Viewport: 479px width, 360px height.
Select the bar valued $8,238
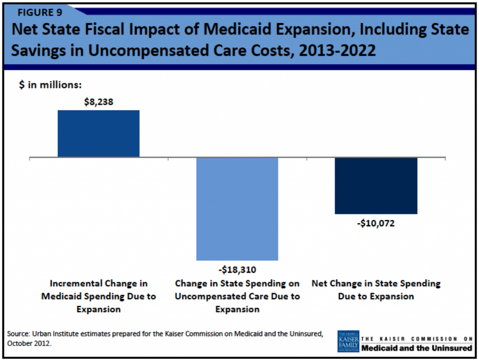click(x=98, y=133)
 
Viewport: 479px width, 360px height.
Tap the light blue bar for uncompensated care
click(x=237, y=209)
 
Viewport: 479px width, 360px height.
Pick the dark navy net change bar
click(x=376, y=186)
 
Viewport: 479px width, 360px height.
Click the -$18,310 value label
click(x=237, y=270)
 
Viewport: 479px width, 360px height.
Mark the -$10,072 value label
click(x=376, y=224)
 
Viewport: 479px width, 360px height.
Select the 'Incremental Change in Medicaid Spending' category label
click(x=98, y=296)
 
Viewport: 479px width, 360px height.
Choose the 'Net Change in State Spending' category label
click(x=376, y=290)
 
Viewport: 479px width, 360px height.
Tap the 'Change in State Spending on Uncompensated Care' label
click(x=237, y=296)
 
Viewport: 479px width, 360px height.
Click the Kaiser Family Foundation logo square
click(x=348, y=341)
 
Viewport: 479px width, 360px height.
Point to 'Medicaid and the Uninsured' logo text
click(x=417, y=348)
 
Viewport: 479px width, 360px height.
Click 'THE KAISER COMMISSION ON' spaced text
click(x=417, y=338)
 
